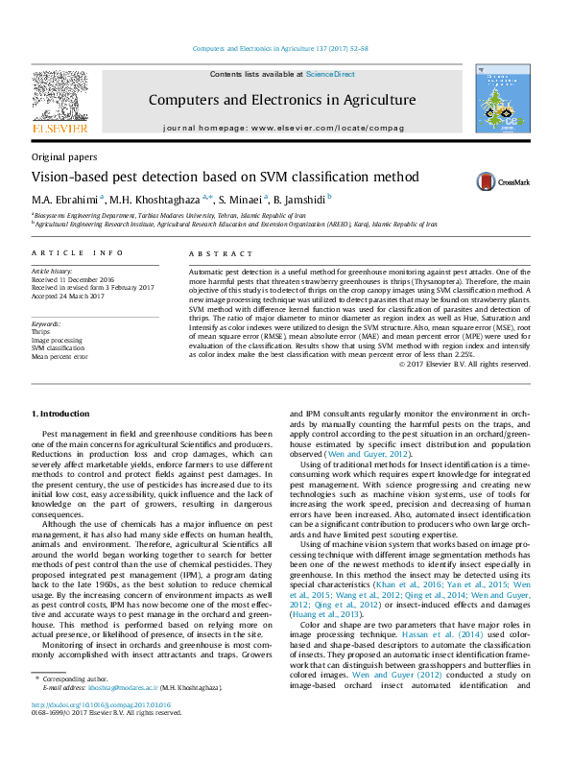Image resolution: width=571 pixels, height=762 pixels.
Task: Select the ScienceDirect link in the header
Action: (330, 74)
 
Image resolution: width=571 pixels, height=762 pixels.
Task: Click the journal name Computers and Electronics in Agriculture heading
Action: (281, 100)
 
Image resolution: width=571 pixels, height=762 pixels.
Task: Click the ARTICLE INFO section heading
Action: (78, 252)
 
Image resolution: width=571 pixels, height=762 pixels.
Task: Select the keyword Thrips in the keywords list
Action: (42, 332)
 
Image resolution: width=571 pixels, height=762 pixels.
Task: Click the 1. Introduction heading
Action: (61, 414)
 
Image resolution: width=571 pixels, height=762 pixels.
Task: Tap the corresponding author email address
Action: (119, 715)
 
